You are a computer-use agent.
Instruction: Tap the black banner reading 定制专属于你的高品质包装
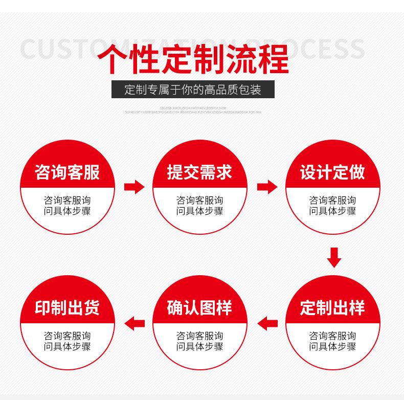coord(193,90)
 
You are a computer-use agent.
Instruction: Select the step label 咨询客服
coord(67,172)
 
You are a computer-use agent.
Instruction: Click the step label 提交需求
coord(199,172)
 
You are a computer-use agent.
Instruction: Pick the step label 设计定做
coord(332,172)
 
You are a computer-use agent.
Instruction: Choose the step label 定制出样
coord(332,307)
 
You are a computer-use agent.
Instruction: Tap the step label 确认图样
coord(199,307)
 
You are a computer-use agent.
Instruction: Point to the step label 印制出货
coord(67,307)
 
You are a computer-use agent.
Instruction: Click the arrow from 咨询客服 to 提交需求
coord(134,187)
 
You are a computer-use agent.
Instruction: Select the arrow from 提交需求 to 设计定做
coord(267,187)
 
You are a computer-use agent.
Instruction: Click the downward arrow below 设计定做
coord(334,257)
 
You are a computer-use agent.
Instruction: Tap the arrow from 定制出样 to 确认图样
coord(267,323)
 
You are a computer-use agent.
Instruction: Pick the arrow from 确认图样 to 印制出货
coord(134,323)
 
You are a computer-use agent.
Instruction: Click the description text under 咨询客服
coord(67,205)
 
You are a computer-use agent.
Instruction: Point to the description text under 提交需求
coord(199,205)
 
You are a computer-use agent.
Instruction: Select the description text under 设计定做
coord(332,205)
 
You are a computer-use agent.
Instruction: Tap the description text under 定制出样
coord(332,341)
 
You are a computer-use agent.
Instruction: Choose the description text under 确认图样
coord(199,341)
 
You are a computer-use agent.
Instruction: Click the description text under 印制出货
coord(67,341)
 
